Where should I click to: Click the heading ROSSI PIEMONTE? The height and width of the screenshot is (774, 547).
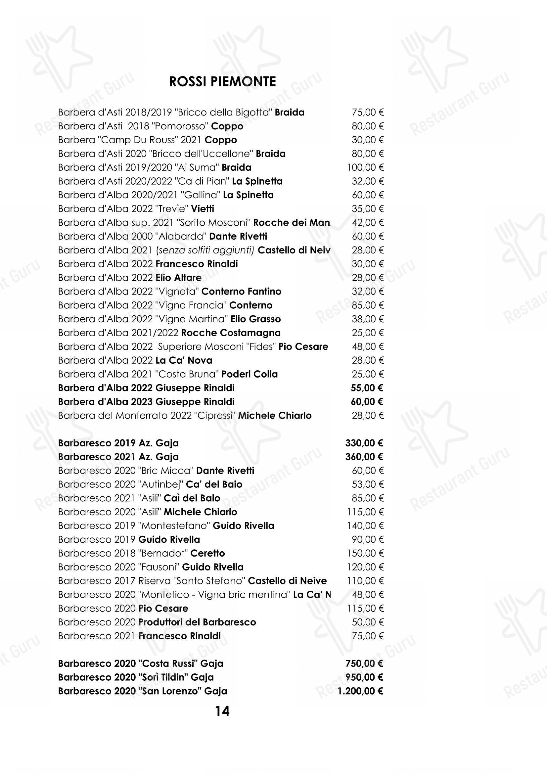click(x=222, y=82)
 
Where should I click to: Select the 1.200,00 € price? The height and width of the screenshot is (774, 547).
click(x=360, y=691)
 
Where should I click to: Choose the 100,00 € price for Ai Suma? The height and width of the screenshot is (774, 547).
click(x=365, y=167)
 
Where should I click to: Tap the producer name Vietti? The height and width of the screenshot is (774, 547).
click(x=203, y=209)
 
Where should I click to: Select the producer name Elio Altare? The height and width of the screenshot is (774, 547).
click(x=179, y=277)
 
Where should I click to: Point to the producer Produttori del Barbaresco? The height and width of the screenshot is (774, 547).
click(x=197, y=622)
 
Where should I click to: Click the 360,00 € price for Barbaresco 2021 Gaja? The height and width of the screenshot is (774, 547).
click(x=364, y=457)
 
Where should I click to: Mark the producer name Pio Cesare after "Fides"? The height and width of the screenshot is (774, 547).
click(x=303, y=346)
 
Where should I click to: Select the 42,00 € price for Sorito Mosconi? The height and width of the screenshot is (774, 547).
click(x=368, y=222)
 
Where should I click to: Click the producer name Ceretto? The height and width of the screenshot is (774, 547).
click(x=207, y=553)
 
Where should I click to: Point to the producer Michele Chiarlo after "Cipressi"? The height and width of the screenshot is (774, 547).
click(x=275, y=415)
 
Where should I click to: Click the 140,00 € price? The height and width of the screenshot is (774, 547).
click(x=365, y=525)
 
